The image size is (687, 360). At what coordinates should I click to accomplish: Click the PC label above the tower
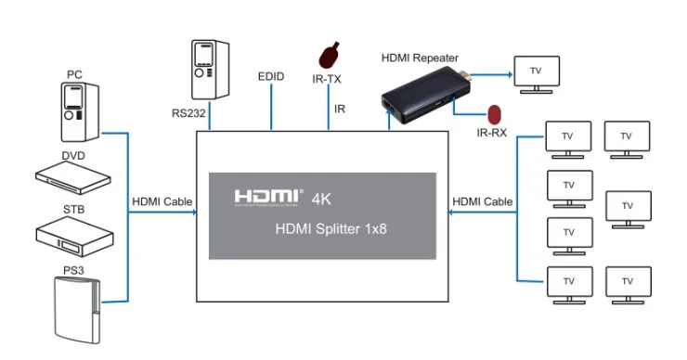[x=74, y=74]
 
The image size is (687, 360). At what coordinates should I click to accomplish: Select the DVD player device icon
[x=73, y=177]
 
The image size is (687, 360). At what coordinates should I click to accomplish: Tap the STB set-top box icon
[x=74, y=237]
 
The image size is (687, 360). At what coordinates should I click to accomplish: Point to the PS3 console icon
[x=77, y=310]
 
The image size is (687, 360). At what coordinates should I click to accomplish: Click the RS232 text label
[x=188, y=113]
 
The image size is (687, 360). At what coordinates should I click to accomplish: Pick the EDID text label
[x=271, y=77]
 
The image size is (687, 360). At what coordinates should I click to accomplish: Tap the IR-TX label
[x=327, y=79]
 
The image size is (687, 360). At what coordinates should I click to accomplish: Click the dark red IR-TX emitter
[x=329, y=56]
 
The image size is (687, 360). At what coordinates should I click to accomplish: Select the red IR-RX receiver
[x=494, y=114]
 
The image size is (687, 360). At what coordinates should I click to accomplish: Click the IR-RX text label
[x=492, y=133]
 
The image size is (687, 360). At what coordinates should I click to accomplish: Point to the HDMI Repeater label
[x=420, y=58]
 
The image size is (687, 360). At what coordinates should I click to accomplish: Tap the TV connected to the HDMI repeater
[x=537, y=74]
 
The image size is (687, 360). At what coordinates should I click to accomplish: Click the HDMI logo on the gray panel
[x=268, y=198]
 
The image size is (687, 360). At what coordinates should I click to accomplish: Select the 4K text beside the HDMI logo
[x=321, y=199]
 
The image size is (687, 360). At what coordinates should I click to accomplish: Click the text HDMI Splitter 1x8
[x=331, y=229]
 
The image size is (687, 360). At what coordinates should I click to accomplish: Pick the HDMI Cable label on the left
[x=162, y=201]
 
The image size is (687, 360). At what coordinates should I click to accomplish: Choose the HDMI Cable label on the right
[x=483, y=201]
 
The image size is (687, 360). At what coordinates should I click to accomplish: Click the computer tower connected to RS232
[x=210, y=70]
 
